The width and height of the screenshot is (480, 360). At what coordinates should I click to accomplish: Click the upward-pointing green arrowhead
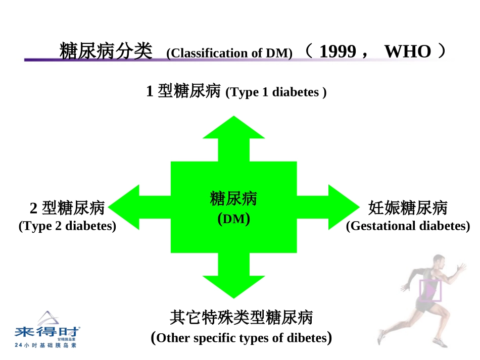click(x=233, y=129)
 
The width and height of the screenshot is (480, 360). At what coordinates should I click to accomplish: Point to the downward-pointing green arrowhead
click(x=233, y=286)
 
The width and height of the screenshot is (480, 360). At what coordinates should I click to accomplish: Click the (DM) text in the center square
click(x=233, y=219)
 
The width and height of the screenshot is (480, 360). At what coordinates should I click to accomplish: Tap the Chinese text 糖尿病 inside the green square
click(x=233, y=198)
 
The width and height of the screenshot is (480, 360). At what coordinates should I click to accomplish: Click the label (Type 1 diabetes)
click(x=276, y=92)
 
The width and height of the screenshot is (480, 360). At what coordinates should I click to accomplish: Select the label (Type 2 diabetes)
click(x=67, y=226)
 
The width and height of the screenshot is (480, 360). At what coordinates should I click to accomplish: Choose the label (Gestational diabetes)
click(x=408, y=226)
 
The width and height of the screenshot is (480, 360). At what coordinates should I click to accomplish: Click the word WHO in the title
click(x=407, y=52)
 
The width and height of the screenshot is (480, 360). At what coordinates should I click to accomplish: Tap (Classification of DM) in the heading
click(x=229, y=53)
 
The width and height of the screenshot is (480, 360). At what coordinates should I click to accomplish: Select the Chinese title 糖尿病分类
click(x=106, y=51)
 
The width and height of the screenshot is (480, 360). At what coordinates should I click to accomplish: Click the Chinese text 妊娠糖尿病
click(x=408, y=208)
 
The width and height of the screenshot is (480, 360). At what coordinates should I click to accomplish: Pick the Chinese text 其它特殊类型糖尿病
click(x=241, y=318)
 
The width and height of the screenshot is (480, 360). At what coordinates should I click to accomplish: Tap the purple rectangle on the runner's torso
click(x=430, y=291)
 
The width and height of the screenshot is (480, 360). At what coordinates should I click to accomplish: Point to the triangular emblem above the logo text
click(x=47, y=318)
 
